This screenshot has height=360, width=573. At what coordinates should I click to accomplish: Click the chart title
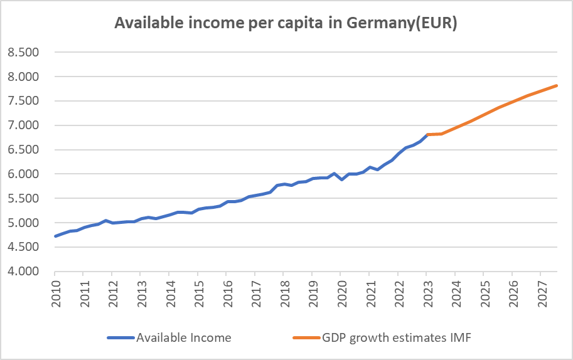286,23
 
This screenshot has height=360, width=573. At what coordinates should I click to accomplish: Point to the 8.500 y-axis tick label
23,52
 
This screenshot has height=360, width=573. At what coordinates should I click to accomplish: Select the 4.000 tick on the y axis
23,272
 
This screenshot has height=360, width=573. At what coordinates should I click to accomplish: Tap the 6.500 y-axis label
23,149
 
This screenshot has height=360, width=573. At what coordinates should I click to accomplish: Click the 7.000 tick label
23,125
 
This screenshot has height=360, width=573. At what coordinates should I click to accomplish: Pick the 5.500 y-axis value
23,198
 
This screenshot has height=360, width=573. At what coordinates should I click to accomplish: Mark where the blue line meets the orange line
427,134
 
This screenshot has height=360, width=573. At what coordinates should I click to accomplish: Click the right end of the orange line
557,86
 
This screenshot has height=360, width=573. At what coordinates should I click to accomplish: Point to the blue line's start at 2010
55,236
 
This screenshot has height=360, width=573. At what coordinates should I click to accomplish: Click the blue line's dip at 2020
341,179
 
